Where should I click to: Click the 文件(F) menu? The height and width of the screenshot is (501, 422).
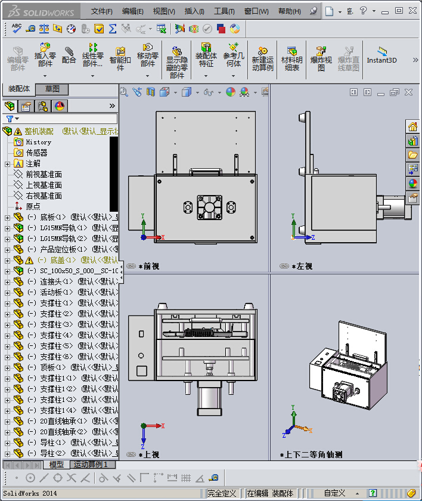[102, 11]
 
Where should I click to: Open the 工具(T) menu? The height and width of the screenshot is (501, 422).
[224, 11]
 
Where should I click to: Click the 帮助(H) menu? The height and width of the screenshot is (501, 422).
[290, 11]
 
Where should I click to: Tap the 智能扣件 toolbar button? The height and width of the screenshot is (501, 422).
[120, 57]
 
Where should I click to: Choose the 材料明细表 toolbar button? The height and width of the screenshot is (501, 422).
[291, 57]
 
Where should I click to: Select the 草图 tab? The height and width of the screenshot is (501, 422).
[52, 89]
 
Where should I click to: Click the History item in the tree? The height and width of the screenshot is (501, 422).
[38, 142]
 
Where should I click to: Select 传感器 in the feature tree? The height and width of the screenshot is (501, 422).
[36, 153]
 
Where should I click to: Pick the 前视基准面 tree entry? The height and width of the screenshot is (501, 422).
[44, 174]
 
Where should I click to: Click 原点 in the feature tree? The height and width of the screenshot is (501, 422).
[33, 206]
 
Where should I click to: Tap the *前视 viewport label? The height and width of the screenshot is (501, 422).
[148, 266]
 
